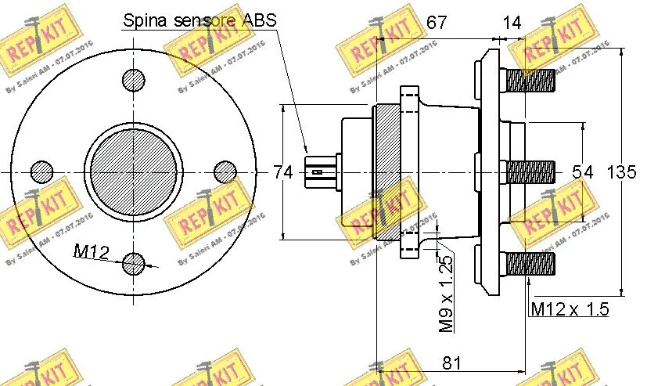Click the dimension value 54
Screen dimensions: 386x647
583,172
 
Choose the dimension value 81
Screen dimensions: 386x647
451,363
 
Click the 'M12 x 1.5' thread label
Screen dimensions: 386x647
569,309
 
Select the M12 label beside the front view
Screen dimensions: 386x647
92,251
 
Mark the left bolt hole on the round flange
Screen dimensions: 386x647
41,171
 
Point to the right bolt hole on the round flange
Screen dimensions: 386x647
225,171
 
